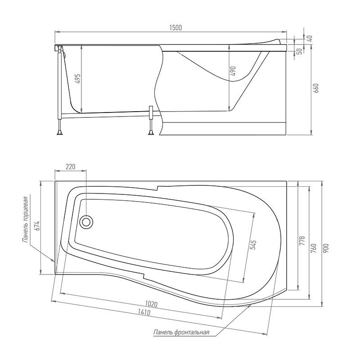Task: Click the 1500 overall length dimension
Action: (175, 28)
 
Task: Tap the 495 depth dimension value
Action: (78, 78)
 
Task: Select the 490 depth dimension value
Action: (233, 71)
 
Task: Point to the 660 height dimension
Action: (316, 88)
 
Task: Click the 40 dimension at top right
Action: (310, 38)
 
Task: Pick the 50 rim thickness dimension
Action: (299, 51)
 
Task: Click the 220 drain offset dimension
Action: (71, 166)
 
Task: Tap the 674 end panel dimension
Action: (38, 226)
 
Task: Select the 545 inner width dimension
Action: (253, 245)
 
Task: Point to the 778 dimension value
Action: (302, 241)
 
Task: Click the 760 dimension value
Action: (313, 248)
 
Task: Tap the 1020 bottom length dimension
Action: (151, 304)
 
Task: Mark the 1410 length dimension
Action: (144, 312)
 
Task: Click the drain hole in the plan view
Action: (86, 222)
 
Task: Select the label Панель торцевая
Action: (26, 220)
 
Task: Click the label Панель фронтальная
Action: (181, 332)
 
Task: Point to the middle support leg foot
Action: (151, 133)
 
